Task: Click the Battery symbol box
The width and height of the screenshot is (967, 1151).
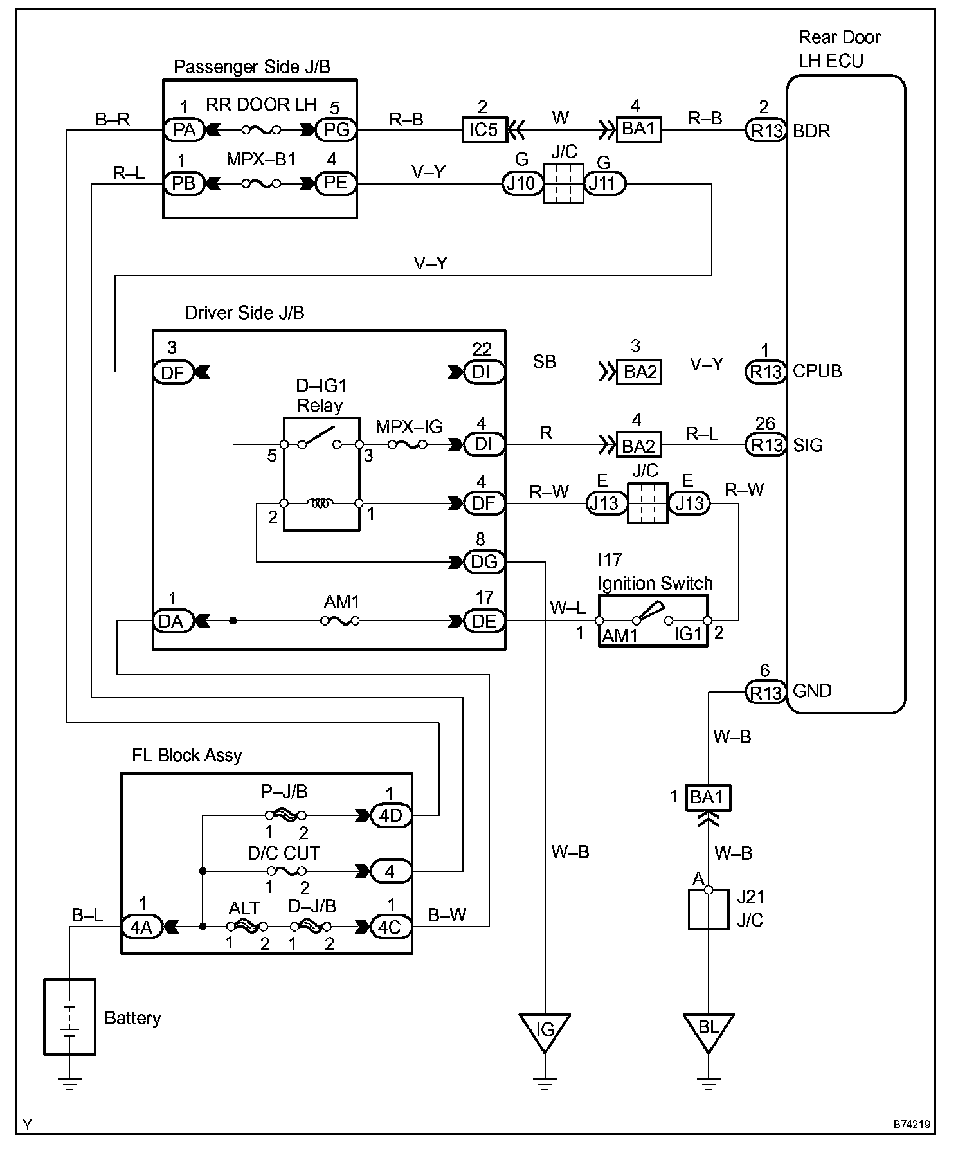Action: point(69,1017)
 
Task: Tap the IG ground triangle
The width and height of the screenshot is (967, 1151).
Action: point(545,1032)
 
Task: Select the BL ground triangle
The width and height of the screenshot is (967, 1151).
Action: point(708,1032)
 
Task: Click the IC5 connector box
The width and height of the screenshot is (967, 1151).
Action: point(484,130)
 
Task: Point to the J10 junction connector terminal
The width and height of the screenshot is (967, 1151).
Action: point(521,184)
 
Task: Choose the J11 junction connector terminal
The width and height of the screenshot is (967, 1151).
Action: point(604,184)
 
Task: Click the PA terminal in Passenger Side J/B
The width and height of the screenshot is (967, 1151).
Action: point(184,130)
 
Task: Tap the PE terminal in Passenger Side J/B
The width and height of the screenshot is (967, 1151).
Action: point(336,184)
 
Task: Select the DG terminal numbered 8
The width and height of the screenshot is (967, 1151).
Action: point(485,562)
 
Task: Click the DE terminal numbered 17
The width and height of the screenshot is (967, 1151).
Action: point(485,621)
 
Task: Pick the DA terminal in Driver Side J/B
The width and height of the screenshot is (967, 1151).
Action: point(172,621)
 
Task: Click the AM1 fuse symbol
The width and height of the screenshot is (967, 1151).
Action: point(340,621)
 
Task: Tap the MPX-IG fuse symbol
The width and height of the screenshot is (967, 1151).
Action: point(408,444)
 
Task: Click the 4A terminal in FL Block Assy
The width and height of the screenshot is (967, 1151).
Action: point(142,927)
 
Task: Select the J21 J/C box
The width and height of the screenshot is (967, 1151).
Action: point(708,909)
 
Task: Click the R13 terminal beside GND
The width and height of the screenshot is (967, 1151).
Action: point(766,692)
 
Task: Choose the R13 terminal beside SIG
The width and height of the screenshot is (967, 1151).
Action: point(766,444)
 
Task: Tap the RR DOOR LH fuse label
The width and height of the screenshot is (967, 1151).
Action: point(261,104)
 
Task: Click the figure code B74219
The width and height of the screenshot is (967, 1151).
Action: point(911,1125)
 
